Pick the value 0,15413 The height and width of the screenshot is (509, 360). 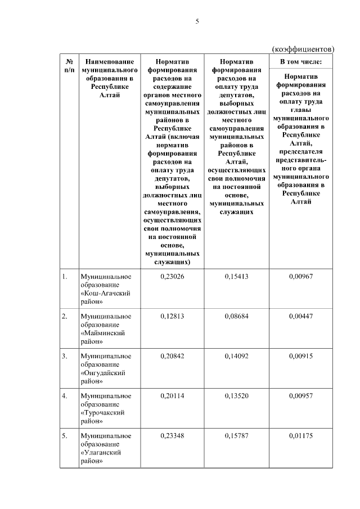click(x=236, y=276)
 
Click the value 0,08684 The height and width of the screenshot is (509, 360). click(x=236, y=316)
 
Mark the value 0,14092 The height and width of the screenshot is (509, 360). click(x=236, y=356)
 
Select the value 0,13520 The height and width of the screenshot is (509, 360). click(x=236, y=396)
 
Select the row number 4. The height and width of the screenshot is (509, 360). click(x=65, y=396)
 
